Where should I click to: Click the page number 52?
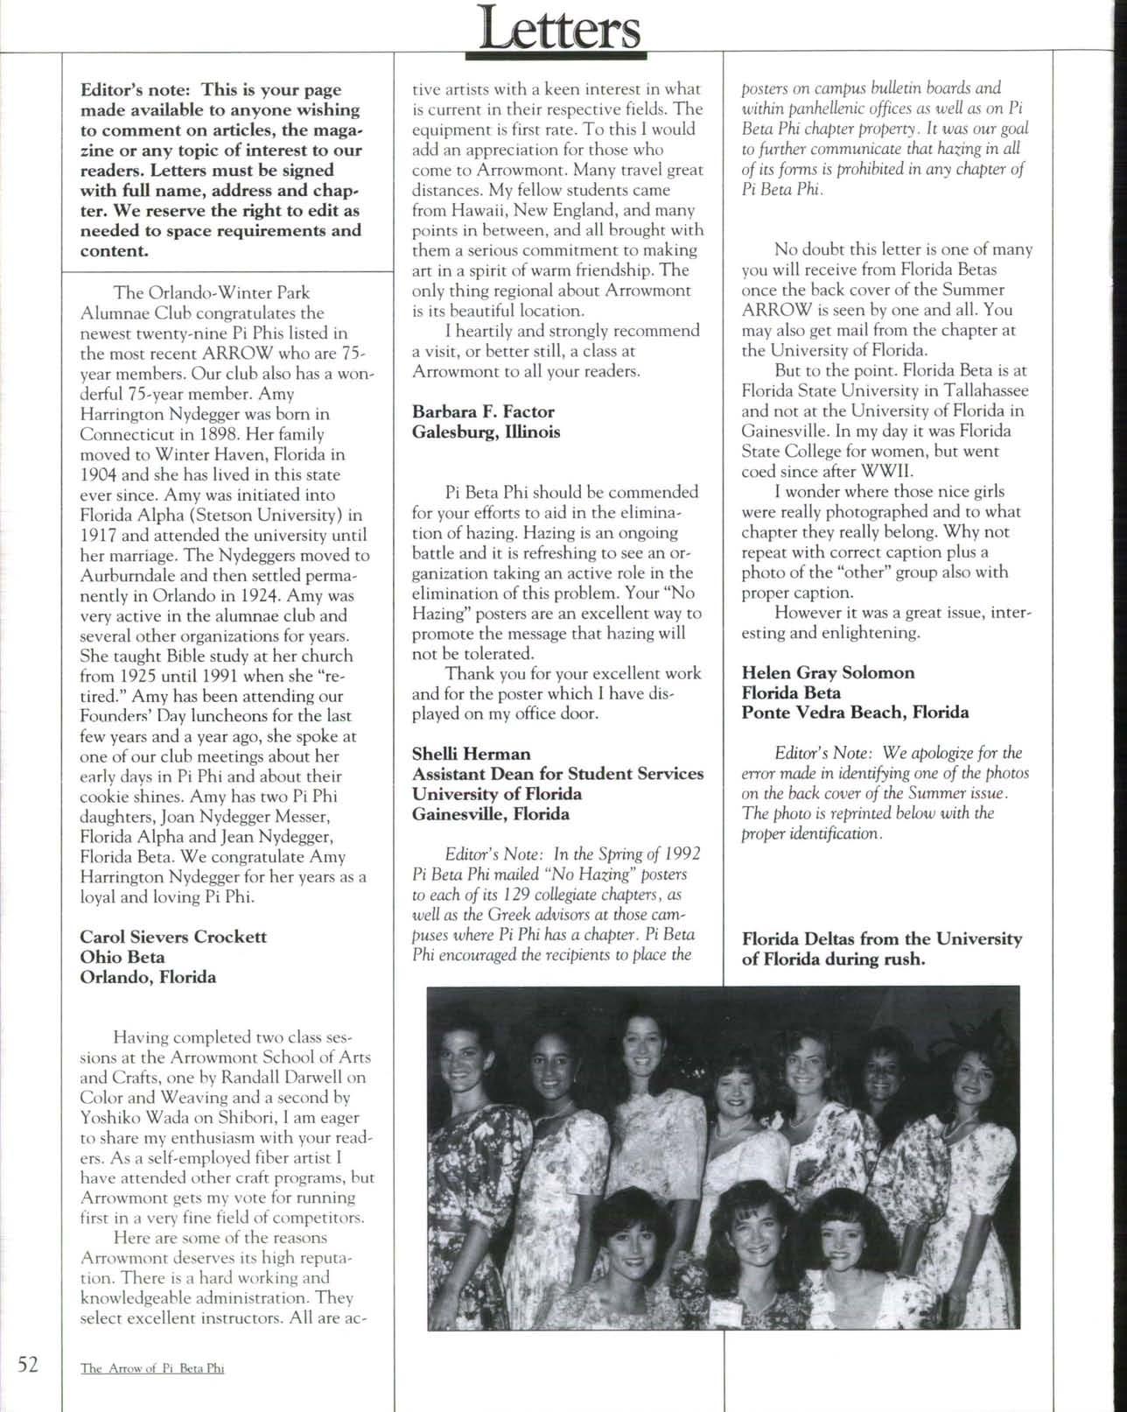tap(27, 1363)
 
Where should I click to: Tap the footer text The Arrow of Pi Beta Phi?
tap(152, 1368)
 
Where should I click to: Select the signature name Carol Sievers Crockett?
tap(173, 937)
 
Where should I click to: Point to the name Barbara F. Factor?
tap(483, 411)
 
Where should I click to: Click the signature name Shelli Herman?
tap(471, 754)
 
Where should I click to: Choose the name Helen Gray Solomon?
tap(828, 672)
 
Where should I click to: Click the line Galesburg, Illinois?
tap(486, 432)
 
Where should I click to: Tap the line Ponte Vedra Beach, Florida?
tap(855, 713)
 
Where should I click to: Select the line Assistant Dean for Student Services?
tap(557, 774)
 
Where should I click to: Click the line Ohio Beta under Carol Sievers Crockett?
tap(122, 957)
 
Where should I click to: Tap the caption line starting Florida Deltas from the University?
tap(881, 939)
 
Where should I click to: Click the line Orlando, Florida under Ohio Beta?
tap(148, 977)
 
